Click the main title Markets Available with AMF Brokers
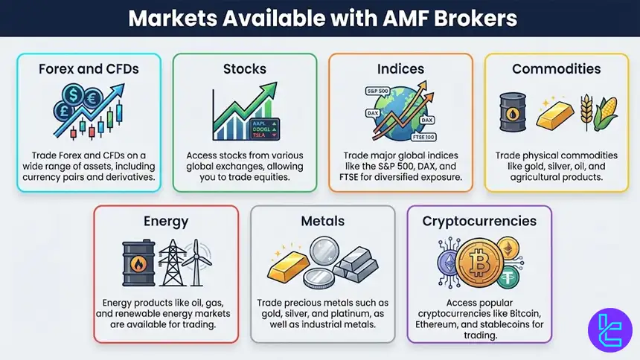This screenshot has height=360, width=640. [320, 18]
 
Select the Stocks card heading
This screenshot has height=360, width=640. [245, 69]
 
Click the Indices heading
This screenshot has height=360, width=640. [400, 69]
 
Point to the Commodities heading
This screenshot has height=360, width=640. [556, 69]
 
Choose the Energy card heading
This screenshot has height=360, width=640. [166, 222]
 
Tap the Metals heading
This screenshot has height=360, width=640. [322, 222]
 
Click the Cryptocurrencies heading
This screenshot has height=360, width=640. [479, 222]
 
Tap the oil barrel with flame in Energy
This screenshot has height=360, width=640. [138, 263]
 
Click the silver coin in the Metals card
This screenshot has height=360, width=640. [322, 256]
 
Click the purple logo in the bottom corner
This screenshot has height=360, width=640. [609, 331]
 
